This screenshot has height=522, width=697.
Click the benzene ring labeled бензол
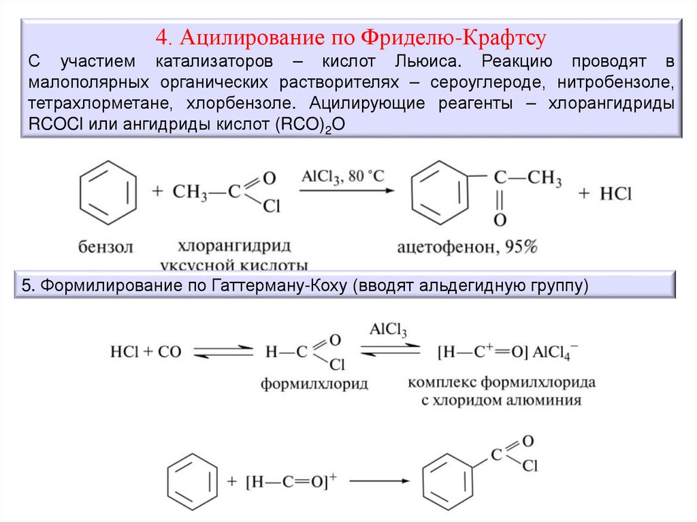pos(108,193)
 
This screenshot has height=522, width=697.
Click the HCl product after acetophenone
pos(615,194)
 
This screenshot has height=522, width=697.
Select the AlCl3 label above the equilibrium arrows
pos(388,331)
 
